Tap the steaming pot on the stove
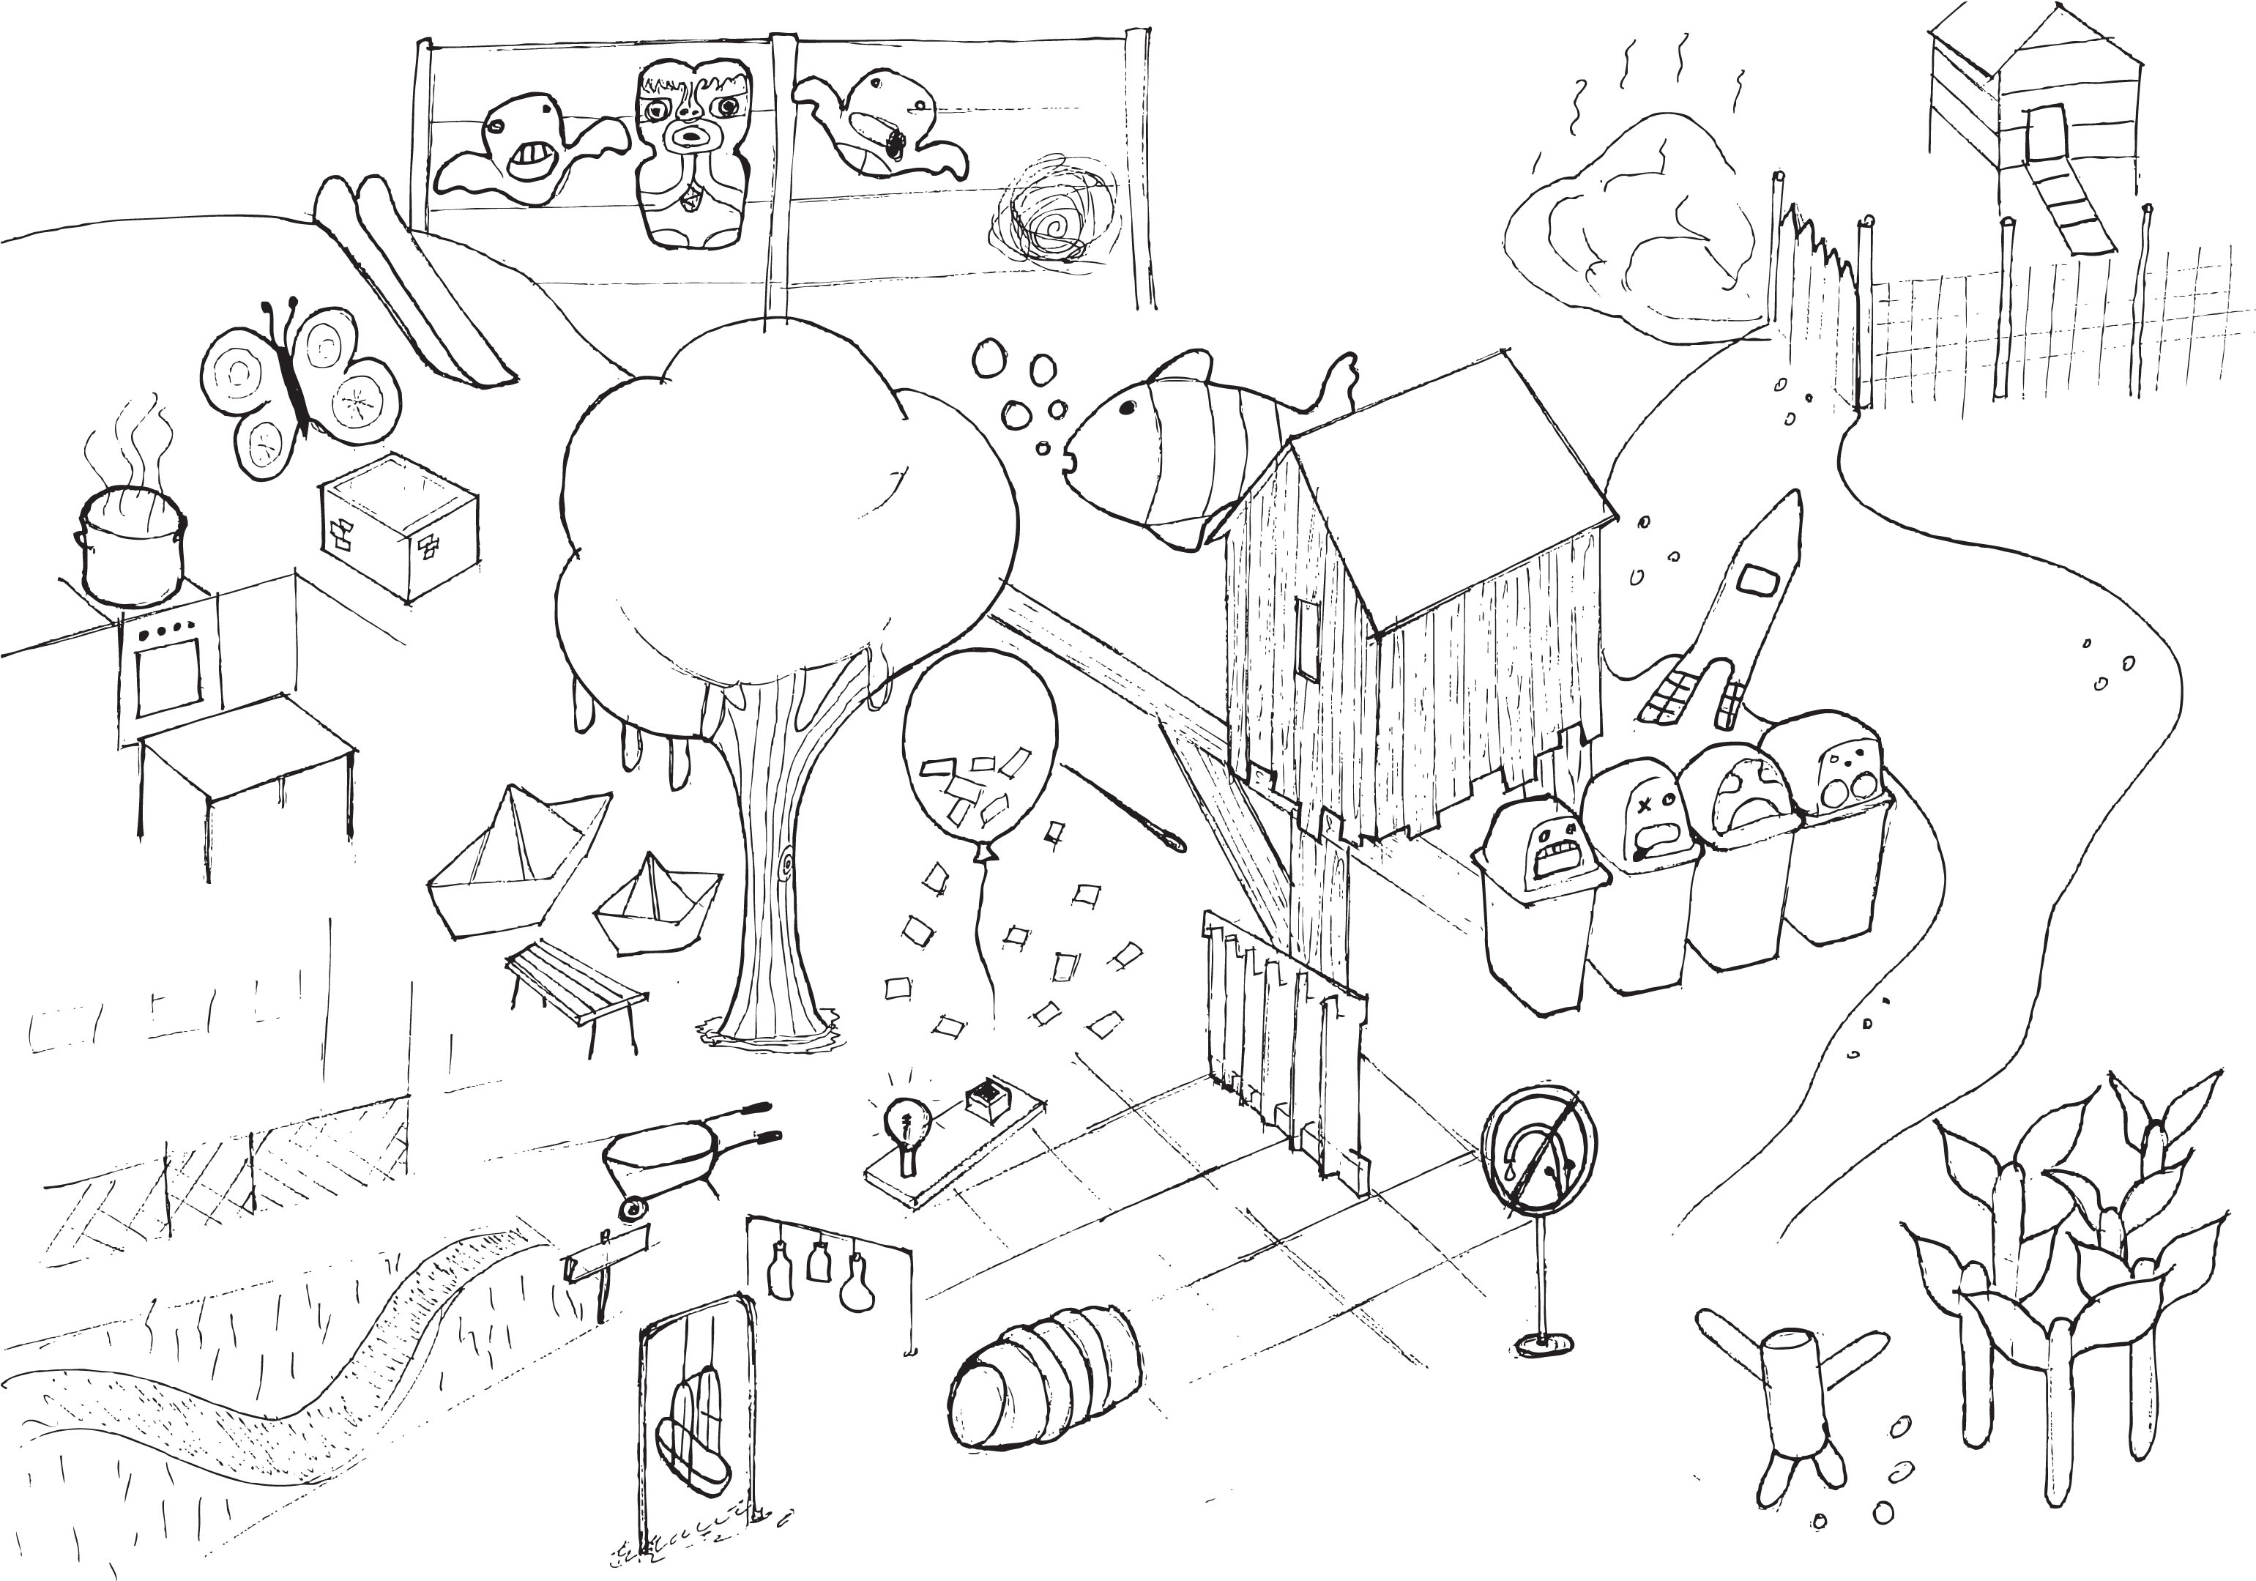pyautogui.click(x=130, y=548)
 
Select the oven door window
pyautogui.click(x=169, y=677)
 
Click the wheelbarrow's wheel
pyautogui.click(x=633, y=1208)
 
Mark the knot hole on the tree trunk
pyautogui.click(x=786, y=865)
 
